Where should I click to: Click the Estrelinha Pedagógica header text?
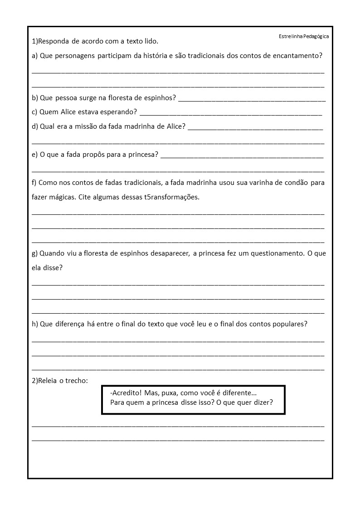[303, 36]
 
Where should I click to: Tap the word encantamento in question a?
[300, 56]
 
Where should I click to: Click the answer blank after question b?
[252, 98]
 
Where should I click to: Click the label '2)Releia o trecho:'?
[60, 380]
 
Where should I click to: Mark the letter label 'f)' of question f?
[34, 183]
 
